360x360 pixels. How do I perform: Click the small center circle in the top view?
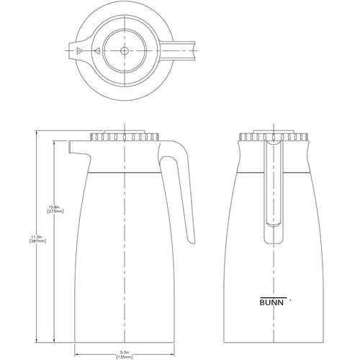point(123,50)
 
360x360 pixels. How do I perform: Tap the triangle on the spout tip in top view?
point(78,50)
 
